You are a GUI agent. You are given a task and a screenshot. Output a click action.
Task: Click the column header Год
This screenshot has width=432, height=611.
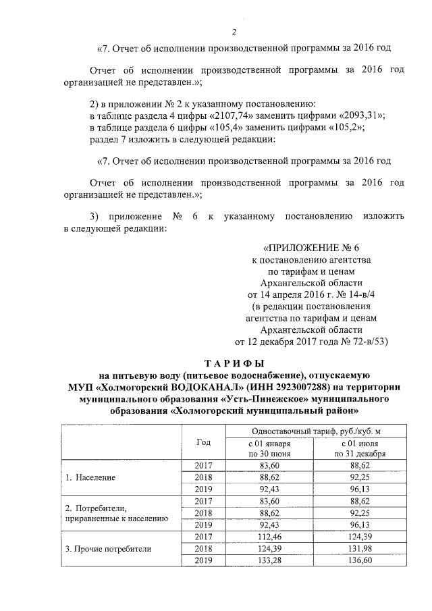[x=203, y=442]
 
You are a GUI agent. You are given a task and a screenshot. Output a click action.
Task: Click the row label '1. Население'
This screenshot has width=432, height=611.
[x=90, y=477]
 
